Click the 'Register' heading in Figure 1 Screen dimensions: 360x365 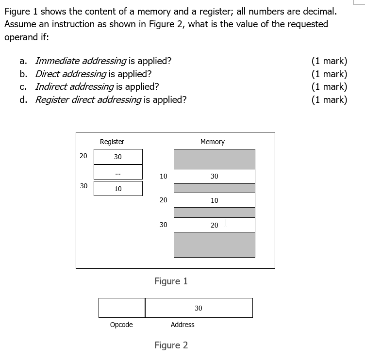coord(112,142)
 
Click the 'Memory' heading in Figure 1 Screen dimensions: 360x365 coord(213,142)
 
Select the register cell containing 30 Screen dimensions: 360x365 coord(118,157)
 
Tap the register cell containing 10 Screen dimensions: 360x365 coord(118,189)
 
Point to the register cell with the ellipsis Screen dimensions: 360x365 coord(118,172)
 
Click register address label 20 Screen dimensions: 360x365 coord(83,156)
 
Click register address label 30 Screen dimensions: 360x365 coord(83,186)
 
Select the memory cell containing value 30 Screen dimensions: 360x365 coord(214,176)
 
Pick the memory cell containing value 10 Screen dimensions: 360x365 coord(214,200)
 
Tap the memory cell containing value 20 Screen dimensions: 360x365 coord(214,225)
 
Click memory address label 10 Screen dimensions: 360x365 coord(163,176)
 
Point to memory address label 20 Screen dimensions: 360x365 coord(163,200)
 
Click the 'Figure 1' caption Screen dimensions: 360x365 coord(171,281)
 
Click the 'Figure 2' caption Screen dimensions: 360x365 coord(171,345)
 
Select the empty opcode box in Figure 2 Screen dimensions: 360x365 coord(122,308)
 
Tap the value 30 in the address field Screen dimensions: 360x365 coord(199,308)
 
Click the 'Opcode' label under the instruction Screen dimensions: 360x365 coord(121,325)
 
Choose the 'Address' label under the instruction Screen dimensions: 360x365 coord(182,325)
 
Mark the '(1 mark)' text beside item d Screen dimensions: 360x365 coord(329,100)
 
